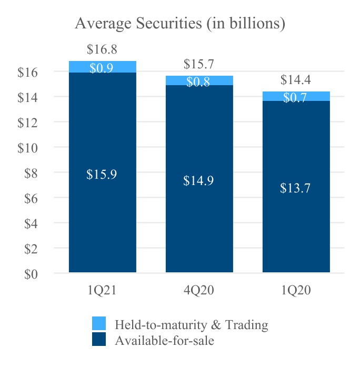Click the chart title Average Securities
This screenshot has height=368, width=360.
pyautogui.click(x=180, y=24)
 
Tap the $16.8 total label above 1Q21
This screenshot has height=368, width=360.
pyautogui.click(x=102, y=50)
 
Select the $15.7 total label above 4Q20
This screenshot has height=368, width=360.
pyautogui.click(x=198, y=65)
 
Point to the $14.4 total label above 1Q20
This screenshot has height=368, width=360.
pyautogui.click(x=295, y=80)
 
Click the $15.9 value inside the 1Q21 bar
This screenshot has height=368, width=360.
pyautogui.click(x=102, y=175)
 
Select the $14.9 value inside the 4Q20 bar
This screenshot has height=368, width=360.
pyautogui.click(x=198, y=181)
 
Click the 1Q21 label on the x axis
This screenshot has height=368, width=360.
pyautogui.click(x=102, y=291)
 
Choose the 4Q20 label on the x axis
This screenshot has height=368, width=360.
pyautogui.click(x=199, y=291)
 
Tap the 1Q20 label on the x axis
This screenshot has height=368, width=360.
pyautogui.click(x=296, y=291)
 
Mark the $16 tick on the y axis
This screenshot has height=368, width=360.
pyautogui.click(x=27, y=72)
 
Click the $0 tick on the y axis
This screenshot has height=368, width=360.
pyautogui.click(x=31, y=274)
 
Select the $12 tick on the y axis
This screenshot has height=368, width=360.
pyautogui.click(x=27, y=122)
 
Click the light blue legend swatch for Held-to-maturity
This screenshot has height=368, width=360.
pyautogui.click(x=99, y=323)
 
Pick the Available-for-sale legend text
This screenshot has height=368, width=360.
pyautogui.click(x=164, y=341)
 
